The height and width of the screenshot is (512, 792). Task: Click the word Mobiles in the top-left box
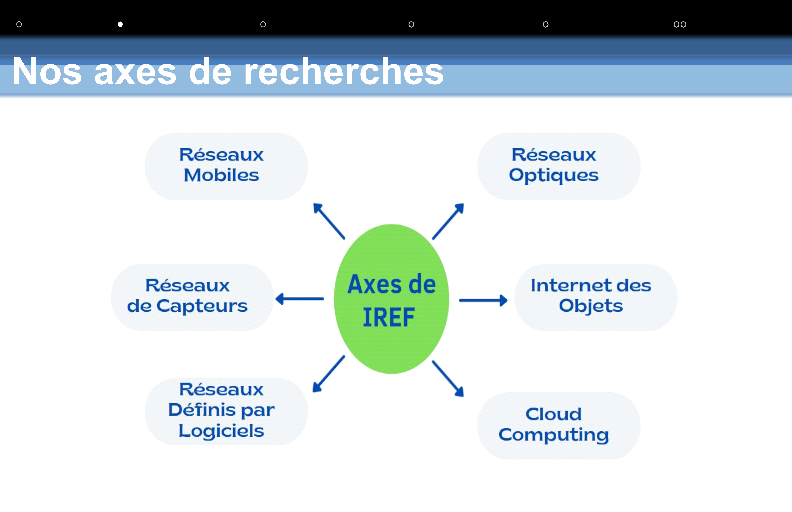pos(221,175)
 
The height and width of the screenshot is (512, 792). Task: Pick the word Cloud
pos(554,414)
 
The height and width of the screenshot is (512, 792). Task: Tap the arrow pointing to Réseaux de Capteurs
pos(299,299)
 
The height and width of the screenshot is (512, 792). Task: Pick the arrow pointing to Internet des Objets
pos(483,301)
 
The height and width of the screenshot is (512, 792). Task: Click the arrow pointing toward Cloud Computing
pos(448,379)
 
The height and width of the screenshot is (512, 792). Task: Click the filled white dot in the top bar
pos(120,24)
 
